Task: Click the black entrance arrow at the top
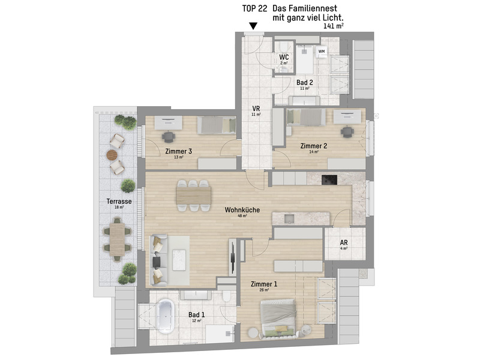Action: point(253,26)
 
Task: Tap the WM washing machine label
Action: point(322,52)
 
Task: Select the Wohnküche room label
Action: point(242,211)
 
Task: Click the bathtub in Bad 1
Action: point(165,316)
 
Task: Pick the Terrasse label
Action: point(112,202)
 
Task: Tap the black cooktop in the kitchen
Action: point(330,179)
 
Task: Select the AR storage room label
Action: point(344,243)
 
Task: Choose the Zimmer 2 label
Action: point(313,146)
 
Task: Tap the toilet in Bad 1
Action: point(226,298)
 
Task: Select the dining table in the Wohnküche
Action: point(193,195)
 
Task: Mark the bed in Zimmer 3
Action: point(217,125)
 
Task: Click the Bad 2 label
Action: point(305,83)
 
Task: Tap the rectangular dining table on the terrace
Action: point(116,238)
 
